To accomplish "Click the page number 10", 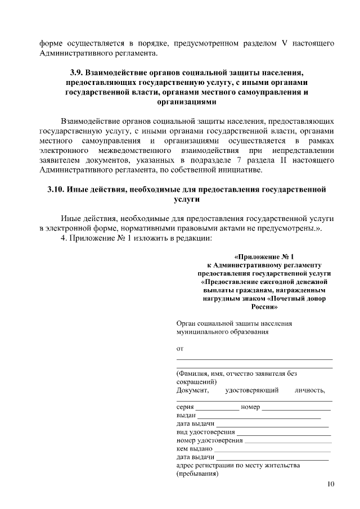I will (x=330, y=484).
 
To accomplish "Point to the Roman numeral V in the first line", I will (x=285, y=43).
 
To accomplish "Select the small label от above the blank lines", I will (x=180, y=349).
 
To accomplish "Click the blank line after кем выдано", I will (x=272, y=451).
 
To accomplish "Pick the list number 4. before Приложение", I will (x=64, y=238).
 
